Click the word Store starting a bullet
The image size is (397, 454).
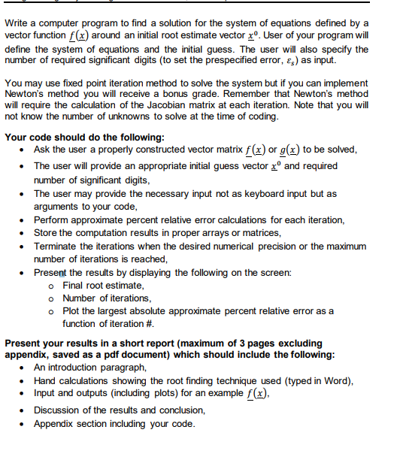47,233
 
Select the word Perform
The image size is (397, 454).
53,219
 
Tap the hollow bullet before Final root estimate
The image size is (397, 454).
50,286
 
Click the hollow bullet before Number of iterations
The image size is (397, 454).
50,298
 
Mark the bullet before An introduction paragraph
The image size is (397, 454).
25,368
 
